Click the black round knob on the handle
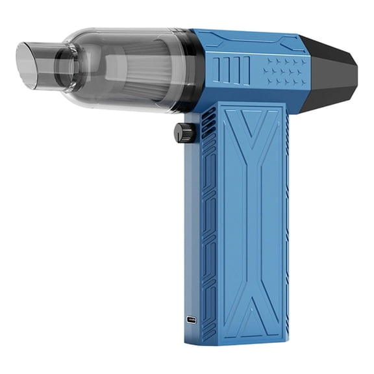pyautogui.click(x=185, y=132)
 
